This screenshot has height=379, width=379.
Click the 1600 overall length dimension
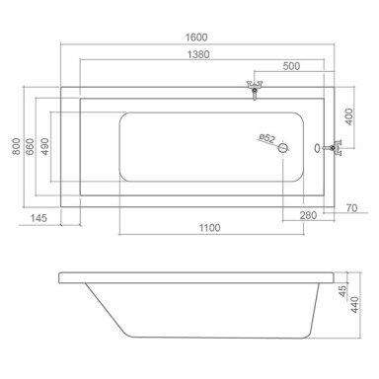pyautogui.click(x=196, y=38)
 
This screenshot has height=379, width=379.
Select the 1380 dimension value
pyautogui.click(x=198, y=54)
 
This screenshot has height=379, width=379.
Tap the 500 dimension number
pyautogui.click(x=291, y=66)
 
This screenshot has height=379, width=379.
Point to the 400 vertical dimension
pyautogui.click(x=348, y=116)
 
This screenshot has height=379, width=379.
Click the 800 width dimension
pyautogui.click(x=16, y=146)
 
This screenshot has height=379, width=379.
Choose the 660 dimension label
pyautogui.click(x=30, y=146)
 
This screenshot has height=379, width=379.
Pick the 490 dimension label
pyautogui.click(x=44, y=146)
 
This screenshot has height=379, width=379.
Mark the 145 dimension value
pyautogui.click(x=38, y=218)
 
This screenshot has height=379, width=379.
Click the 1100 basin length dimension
pyautogui.click(x=210, y=227)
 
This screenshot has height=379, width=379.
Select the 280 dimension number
pyautogui.click(x=308, y=215)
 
